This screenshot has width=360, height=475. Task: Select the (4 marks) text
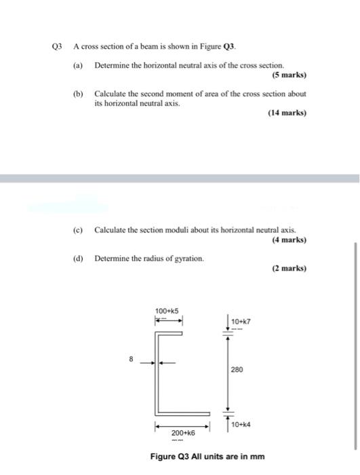point(288,240)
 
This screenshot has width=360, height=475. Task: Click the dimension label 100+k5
point(167,311)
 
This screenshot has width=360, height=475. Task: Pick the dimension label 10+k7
point(241,321)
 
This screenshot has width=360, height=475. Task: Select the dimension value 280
point(237,370)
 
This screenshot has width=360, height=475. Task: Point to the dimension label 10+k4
point(241,424)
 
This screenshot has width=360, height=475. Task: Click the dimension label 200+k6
point(183,432)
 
